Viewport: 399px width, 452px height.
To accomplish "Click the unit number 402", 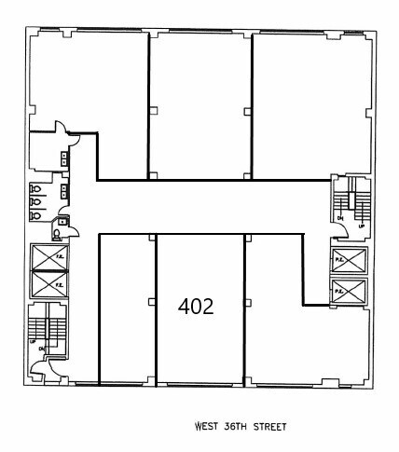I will coord(196,306).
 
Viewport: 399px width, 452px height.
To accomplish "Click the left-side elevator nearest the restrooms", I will coord(48,255).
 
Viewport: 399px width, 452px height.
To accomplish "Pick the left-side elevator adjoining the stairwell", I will coord(48,281).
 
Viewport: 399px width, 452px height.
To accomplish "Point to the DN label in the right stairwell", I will coord(340,219).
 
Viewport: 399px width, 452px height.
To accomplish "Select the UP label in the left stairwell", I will coord(34,344).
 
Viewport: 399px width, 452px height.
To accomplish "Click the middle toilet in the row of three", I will coord(34,200).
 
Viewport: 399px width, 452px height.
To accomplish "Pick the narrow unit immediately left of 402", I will coord(127,308).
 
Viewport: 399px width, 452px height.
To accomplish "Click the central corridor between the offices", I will coord(205,206).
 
